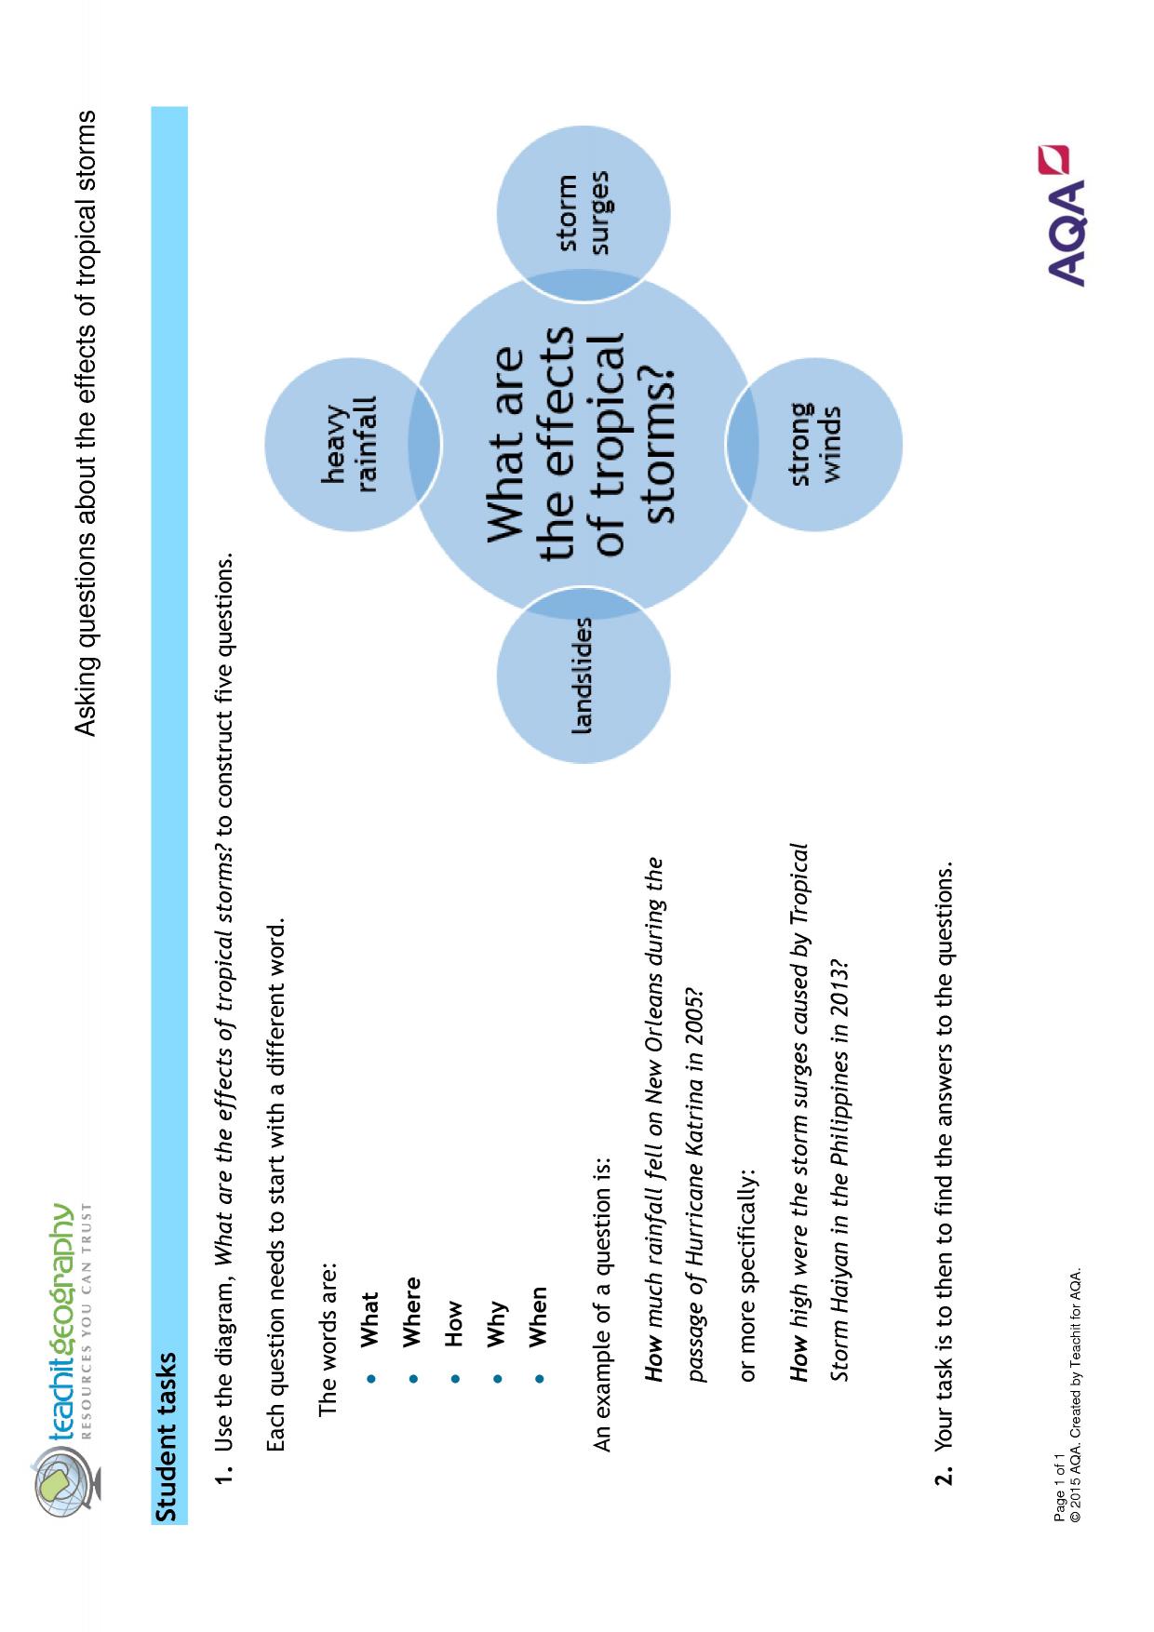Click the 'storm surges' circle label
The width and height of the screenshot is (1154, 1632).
point(584,212)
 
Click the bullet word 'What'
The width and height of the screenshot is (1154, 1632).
point(369,1318)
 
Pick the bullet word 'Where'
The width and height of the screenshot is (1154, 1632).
point(411,1311)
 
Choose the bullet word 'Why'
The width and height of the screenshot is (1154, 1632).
point(498,1323)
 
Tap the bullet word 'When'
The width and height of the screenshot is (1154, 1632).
point(537,1317)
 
